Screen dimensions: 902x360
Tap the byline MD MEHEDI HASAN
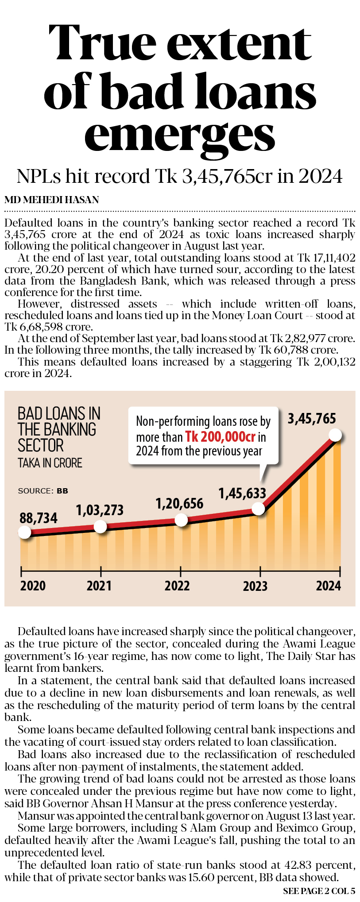pos(52,200)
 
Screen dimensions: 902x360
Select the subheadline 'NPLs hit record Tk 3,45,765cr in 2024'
pos(180,176)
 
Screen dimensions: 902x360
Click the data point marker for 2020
pos(25,532)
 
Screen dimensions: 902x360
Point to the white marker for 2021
pos(101,527)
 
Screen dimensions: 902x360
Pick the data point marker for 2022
pos(181,520)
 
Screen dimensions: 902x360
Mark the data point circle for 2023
pos(259,509)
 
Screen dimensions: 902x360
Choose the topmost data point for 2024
pos(336,435)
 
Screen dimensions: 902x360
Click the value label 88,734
pos(39,518)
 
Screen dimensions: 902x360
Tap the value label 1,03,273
pos(100,510)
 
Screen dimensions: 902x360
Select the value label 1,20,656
pos(179,503)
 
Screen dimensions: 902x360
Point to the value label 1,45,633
pos(242,493)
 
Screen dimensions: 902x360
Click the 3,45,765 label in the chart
pos(312,418)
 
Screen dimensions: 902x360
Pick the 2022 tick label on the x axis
pos(177,586)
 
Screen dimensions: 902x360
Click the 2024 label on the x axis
pos(328,586)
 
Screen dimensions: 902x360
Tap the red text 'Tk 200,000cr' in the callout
pos(220,437)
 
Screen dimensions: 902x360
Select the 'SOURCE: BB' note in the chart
pos(43,491)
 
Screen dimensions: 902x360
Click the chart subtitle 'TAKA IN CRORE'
pos(50,463)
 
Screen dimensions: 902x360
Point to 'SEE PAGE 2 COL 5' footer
pos(319,891)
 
